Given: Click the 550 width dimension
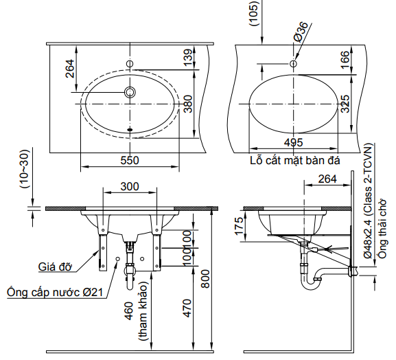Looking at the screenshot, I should (130, 160).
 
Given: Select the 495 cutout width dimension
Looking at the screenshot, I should (293, 142).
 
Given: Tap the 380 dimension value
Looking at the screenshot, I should (187, 102).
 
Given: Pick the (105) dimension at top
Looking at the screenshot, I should (255, 12).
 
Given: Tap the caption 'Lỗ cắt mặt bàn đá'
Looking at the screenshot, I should (296, 160).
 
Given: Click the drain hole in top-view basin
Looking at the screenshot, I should (130, 92).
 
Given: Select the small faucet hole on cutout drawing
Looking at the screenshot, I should (293, 64).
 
